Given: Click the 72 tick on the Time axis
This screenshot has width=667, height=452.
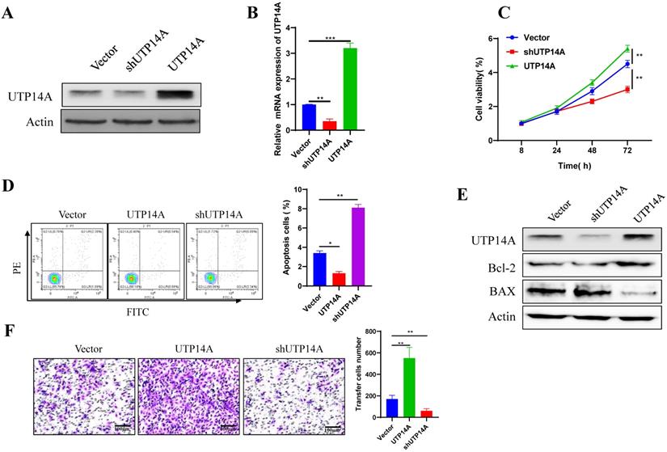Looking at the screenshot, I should [x=627, y=152].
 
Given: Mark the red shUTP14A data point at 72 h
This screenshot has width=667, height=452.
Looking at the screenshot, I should [x=627, y=90].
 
